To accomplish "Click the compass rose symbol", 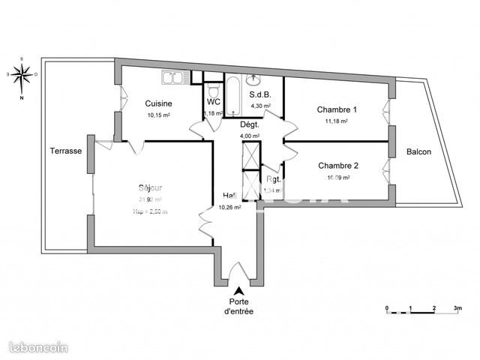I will click(22, 74).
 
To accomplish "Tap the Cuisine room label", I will click(159, 103).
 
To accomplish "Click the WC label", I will click(213, 101).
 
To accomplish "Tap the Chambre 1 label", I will click(337, 109).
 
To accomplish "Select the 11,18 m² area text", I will click(337, 121).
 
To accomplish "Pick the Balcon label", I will click(418, 151).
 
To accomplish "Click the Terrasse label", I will click(66, 151).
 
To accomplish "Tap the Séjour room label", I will click(150, 187).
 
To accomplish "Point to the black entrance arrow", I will click(239, 292).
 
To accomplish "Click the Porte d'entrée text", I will click(239, 307).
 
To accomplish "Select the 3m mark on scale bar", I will click(457, 308).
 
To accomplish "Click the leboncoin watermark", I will click(37, 346).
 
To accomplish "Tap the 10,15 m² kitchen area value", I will click(159, 115).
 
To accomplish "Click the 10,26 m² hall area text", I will click(229, 208).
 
